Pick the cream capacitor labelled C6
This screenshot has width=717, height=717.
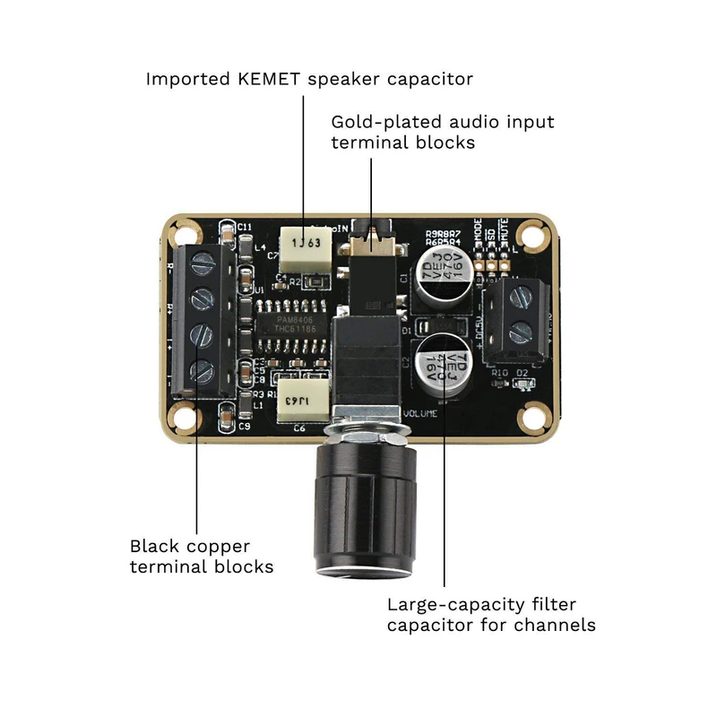pos(301,400)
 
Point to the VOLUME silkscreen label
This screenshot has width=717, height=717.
pos(420,413)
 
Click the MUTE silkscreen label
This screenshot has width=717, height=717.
pos(506,238)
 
